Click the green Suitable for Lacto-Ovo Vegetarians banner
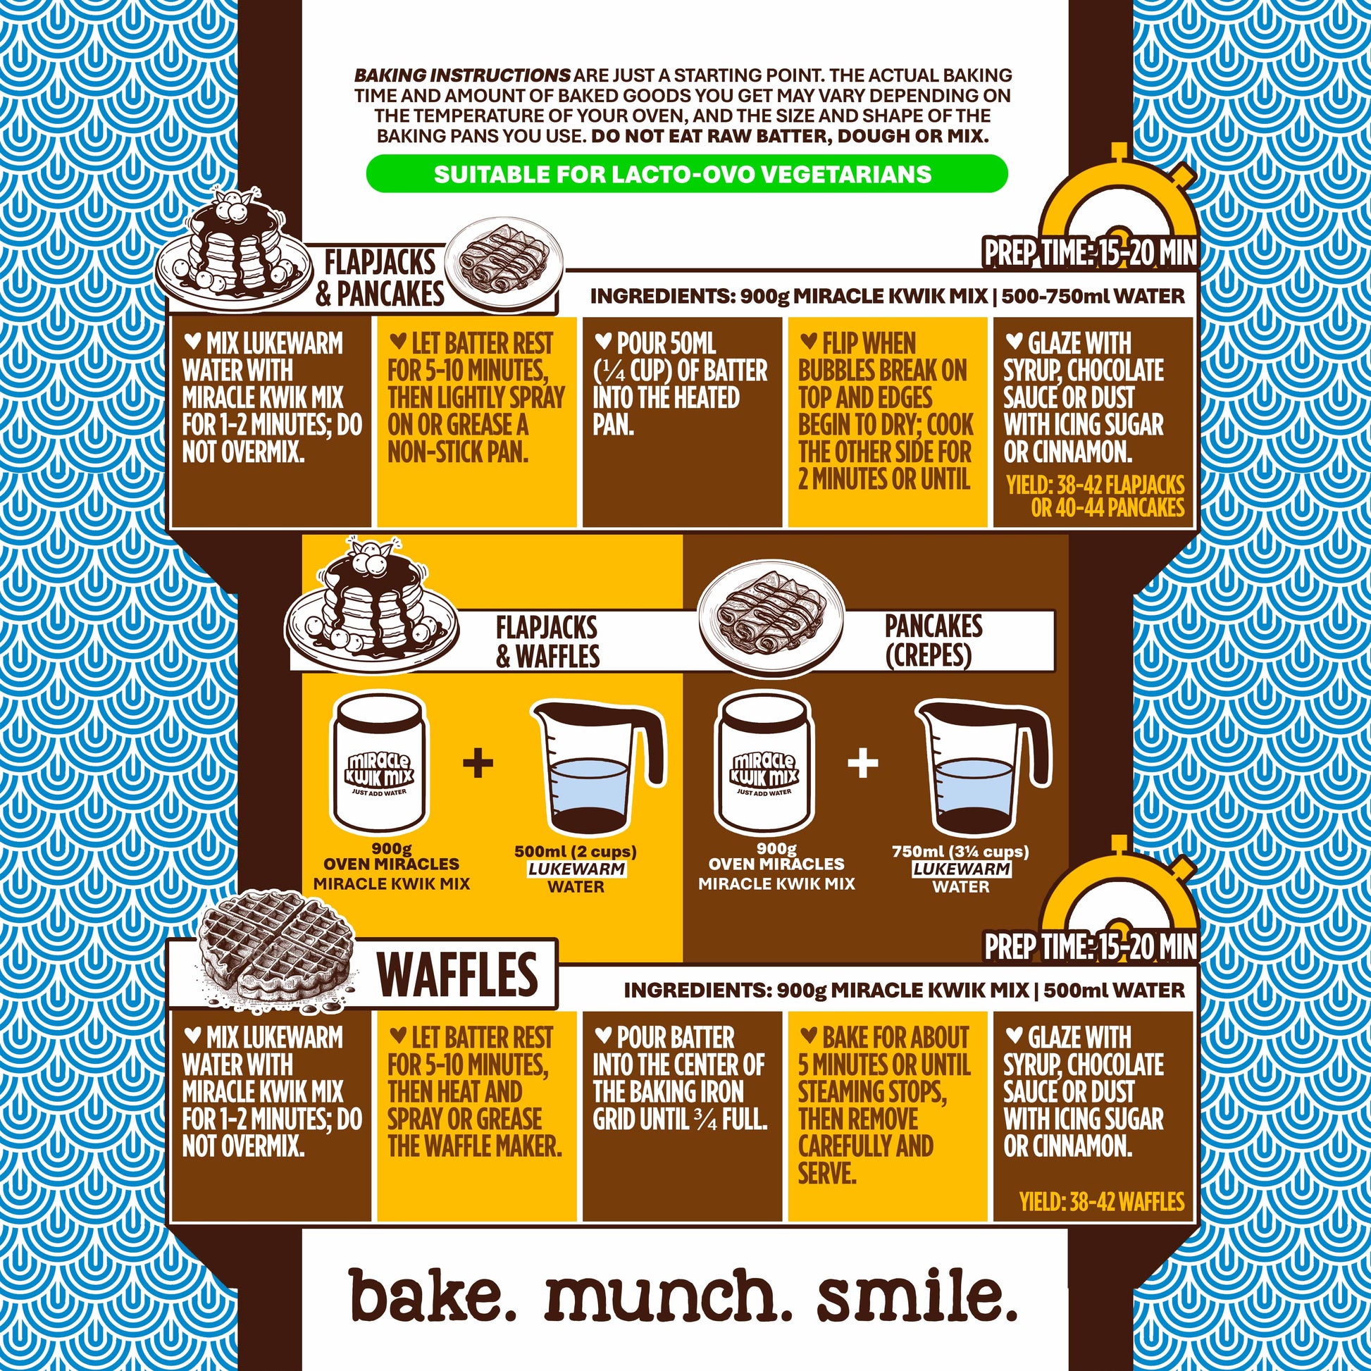[x=686, y=174]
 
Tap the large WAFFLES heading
[x=458, y=974]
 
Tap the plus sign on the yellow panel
[x=478, y=764]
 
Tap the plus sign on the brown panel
[x=863, y=764]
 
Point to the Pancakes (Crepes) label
[x=933, y=641]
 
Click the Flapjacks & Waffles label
[x=547, y=642]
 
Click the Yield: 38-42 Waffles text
[x=1102, y=1201]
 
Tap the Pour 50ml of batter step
[x=681, y=384]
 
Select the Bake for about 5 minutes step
[x=884, y=1105]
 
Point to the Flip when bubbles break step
[x=886, y=411]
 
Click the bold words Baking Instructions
[x=462, y=75]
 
